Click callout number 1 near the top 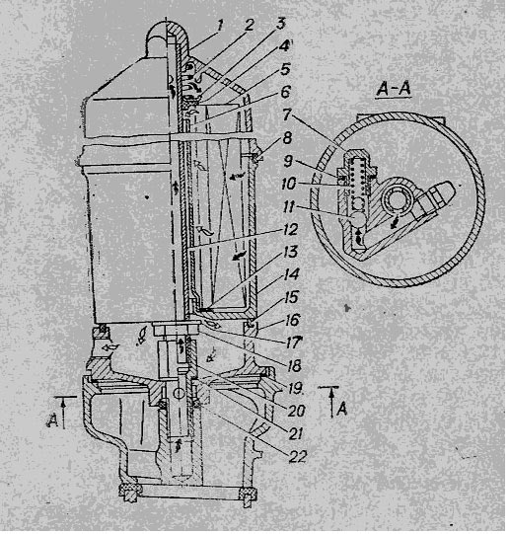(x=220, y=26)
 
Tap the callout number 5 (x=285, y=69)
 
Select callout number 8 (x=287, y=138)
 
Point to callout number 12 (x=290, y=229)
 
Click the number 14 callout (x=292, y=274)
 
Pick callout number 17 (x=294, y=343)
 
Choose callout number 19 (x=295, y=388)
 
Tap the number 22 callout (x=298, y=456)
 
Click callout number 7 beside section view (x=286, y=114)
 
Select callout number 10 (x=289, y=184)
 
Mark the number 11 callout (x=288, y=206)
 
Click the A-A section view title (x=394, y=89)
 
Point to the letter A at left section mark (x=52, y=420)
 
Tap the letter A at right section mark (x=342, y=409)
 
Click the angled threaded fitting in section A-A (x=435, y=198)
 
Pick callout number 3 (x=281, y=24)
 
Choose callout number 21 (x=295, y=433)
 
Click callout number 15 (x=292, y=297)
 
